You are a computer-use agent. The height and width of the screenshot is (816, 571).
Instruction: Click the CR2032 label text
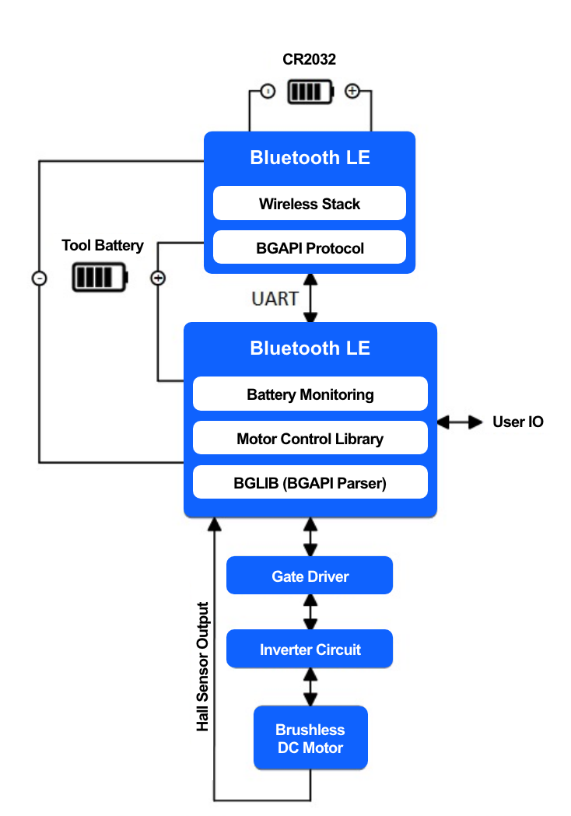tap(309, 60)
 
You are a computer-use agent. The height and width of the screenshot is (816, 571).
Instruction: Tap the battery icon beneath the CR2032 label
tap(310, 92)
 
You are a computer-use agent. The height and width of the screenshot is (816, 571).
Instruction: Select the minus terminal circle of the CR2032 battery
tap(268, 91)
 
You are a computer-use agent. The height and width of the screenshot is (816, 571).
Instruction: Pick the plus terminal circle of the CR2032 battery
tap(352, 91)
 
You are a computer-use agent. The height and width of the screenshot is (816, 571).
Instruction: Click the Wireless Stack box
tap(309, 204)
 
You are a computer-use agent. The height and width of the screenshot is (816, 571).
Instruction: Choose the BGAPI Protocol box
tap(309, 248)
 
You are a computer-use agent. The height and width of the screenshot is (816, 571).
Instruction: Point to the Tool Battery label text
tap(103, 246)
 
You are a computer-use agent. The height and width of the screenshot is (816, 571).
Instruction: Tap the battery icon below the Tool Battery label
tap(100, 277)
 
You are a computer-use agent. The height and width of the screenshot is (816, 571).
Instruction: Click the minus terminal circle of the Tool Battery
tap(39, 278)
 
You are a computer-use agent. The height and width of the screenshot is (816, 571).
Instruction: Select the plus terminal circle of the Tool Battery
tap(158, 278)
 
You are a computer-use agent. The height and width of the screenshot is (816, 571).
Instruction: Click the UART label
tap(275, 299)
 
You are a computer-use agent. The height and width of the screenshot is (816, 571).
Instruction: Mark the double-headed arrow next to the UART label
tap(310, 298)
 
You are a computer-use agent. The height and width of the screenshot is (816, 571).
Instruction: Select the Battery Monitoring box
tap(310, 394)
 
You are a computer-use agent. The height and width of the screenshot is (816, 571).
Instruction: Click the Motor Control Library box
tap(310, 439)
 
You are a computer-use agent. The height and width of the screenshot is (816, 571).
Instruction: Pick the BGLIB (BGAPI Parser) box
tap(310, 483)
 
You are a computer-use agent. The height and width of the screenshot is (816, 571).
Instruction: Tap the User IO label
tap(517, 422)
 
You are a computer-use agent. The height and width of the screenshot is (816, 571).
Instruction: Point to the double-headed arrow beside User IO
tap(459, 422)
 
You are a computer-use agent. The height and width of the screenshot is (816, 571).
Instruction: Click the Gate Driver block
tap(310, 576)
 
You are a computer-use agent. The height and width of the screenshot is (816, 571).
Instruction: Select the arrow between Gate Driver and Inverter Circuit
tap(310, 612)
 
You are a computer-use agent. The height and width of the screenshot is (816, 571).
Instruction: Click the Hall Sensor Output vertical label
tap(203, 667)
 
